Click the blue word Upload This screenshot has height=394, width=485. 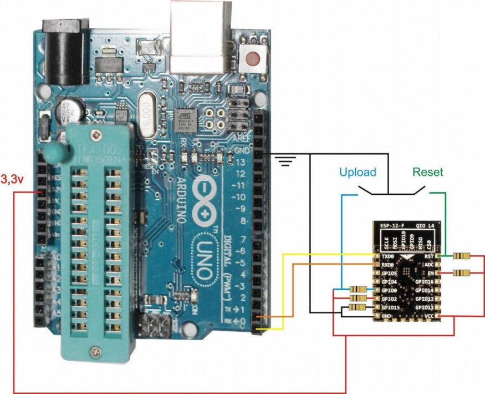(358, 172)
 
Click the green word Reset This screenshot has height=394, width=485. (428, 172)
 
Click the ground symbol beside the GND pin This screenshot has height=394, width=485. (286, 161)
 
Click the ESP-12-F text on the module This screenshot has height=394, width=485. (392, 226)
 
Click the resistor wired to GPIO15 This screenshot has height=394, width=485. (359, 307)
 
